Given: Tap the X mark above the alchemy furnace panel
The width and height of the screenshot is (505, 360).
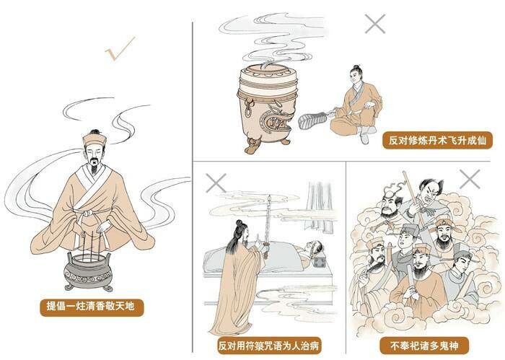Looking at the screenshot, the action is [x=375, y=24].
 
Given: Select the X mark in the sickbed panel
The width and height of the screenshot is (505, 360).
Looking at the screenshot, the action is [x=216, y=183].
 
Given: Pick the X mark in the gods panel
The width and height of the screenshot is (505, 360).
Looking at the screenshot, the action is [x=470, y=179].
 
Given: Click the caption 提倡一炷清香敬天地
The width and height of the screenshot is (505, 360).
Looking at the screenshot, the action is [x=92, y=306].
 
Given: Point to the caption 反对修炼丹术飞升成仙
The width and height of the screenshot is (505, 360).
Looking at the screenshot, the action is [x=437, y=141].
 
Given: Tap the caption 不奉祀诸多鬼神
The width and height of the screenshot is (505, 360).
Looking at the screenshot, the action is [x=424, y=346].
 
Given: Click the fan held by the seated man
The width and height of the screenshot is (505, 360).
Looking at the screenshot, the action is [x=313, y=120].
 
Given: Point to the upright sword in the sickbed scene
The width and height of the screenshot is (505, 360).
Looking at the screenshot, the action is [x=268, y=225].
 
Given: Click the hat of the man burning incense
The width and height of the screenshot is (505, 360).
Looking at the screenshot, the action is [x=95, y=139].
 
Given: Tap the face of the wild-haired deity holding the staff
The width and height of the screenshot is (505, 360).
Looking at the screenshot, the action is [x=429, y=194].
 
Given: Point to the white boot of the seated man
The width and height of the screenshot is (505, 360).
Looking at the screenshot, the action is [x=365, y=134].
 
